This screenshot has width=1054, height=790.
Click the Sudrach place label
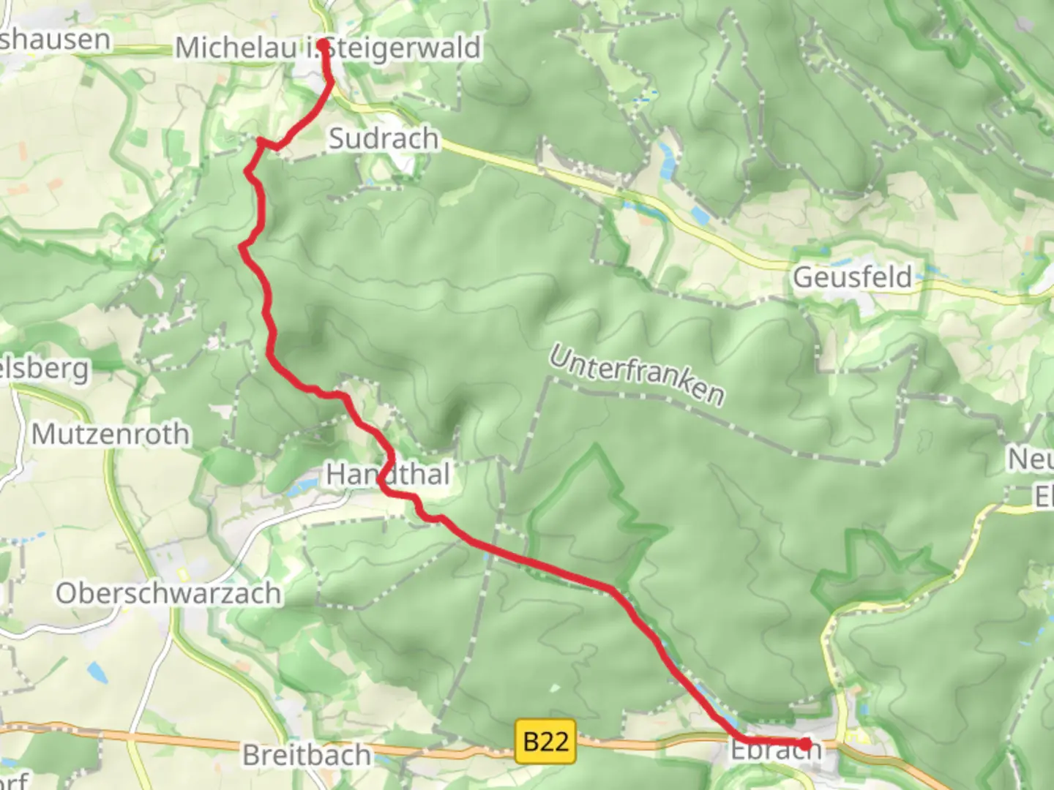click(384, 138)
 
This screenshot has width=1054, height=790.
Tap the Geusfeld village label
click(853, 277)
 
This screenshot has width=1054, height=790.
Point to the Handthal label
click(387, 474)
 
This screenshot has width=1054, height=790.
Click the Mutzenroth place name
click(111, 434)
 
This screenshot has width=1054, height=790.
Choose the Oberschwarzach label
click(168, 593)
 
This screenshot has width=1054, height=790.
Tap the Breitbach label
click(306, 754)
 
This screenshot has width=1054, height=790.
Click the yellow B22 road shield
click(546, 742)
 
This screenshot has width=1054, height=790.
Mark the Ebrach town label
click(776, 750)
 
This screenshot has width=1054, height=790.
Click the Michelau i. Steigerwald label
click(328, 48)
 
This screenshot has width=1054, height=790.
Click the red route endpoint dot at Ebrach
click(806, 745)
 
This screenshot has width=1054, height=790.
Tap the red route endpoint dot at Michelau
click(323, 43)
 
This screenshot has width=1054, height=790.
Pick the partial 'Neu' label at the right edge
click(1032, 459)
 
